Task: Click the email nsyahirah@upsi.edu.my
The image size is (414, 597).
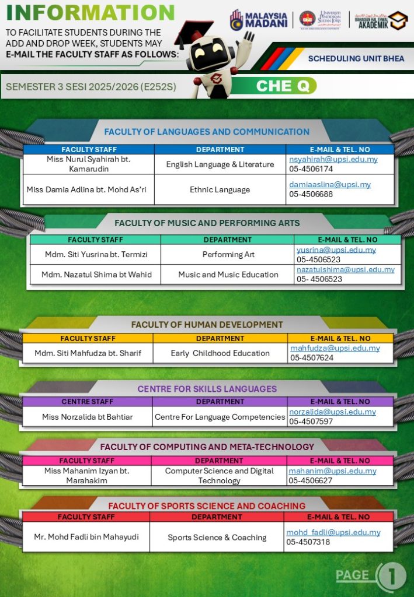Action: (333, 159)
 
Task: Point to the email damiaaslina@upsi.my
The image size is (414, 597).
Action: (330, 184)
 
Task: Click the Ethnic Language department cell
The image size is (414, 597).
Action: (220, 189)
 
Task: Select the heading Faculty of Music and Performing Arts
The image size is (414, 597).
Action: (207, 223)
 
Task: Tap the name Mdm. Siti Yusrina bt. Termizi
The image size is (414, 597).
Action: (96, 254)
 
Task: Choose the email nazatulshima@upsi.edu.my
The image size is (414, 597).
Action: (345, 269)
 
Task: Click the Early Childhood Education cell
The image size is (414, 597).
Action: (220, 353)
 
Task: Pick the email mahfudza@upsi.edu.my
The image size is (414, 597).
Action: (335, 348)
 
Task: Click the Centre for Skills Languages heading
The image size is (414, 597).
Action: (207, 389)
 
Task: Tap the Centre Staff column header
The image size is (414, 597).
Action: (88, 402)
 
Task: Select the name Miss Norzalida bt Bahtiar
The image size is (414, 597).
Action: (88, 416)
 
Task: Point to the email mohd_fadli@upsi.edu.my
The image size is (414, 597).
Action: (333, 532)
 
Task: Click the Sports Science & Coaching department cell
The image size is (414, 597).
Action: (217, 538)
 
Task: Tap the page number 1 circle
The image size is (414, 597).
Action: (393, 576)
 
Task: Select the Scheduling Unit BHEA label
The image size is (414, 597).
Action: (356, 58)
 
